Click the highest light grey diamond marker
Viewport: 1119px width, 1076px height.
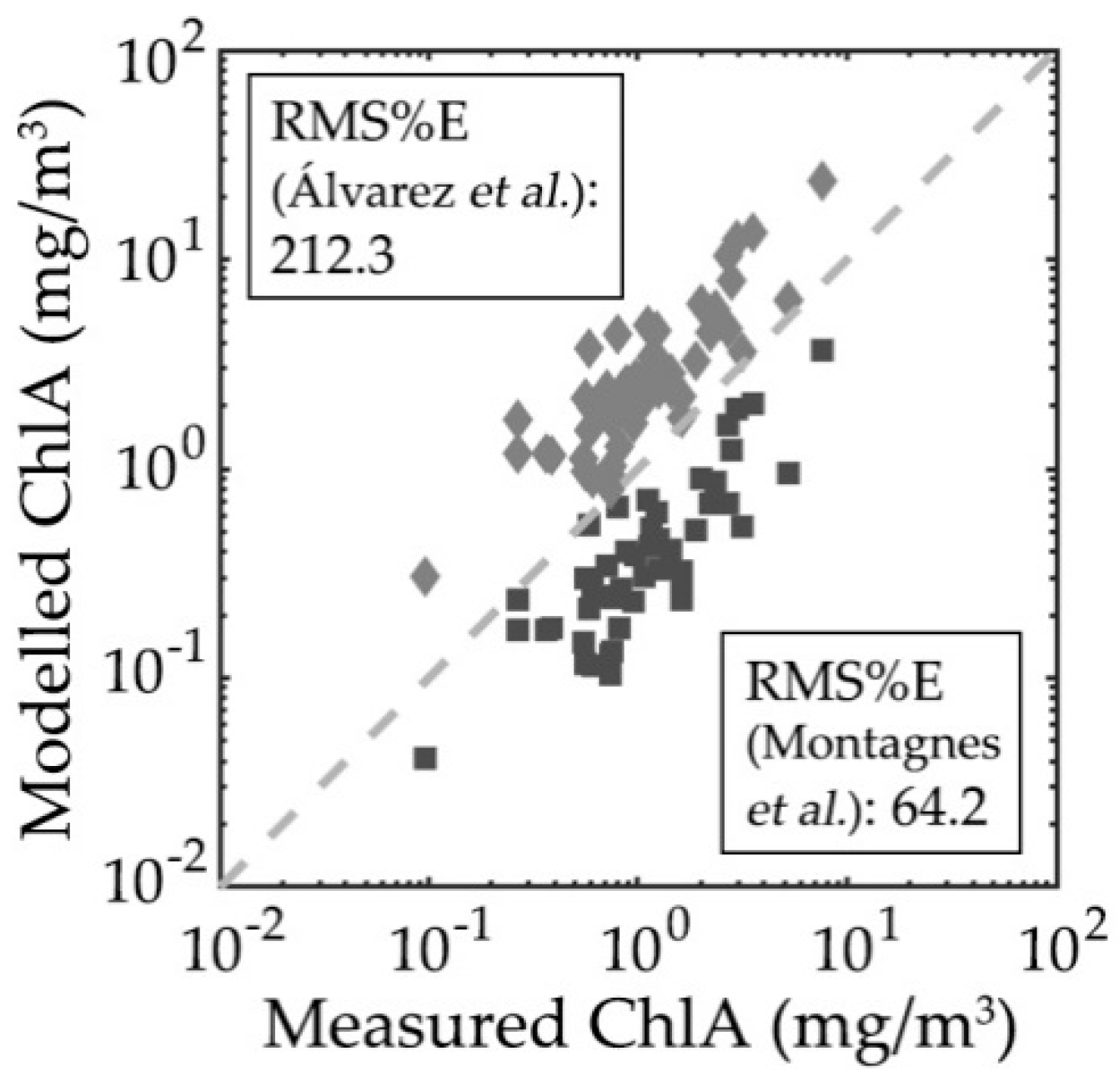coord(823,180)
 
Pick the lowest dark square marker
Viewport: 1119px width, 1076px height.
coord(426,758)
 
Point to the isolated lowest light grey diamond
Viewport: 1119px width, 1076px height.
coord(426,575)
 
